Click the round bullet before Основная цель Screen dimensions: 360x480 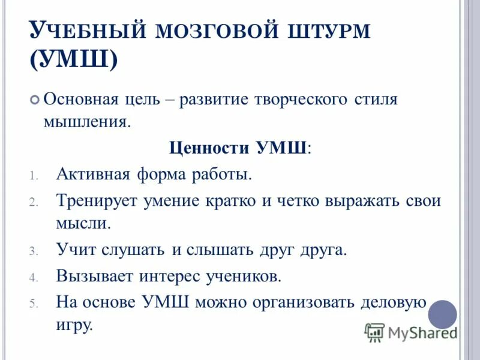(x=35, y=100)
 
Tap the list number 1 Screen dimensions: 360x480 (x=34, y=176)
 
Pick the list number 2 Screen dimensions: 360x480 (x=34, y=202)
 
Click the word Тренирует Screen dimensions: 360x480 (x=97, y=200)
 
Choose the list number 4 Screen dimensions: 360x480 (x=34, y=277)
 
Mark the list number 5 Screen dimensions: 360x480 (x=34, y=302)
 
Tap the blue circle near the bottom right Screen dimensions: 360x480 (x=442, y=314)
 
